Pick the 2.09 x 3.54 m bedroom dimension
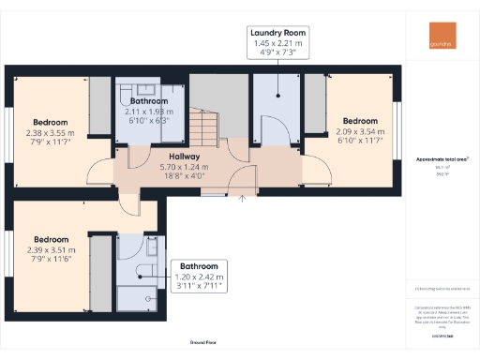click(359, 131)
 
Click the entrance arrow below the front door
click(243, 197)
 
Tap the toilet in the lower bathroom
click(142, 271)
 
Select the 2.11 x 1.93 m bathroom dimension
click(147, 112)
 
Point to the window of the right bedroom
click(397, 130)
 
